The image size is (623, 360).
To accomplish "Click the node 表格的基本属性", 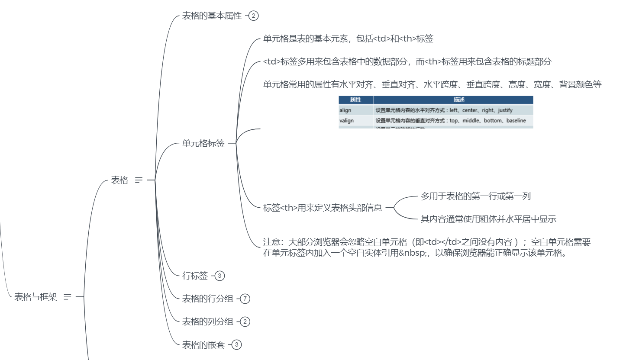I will tap(212, 16).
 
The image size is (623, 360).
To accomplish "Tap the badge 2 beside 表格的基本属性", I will tap(254, 16).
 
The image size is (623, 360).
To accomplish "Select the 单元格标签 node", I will tap(203, 143).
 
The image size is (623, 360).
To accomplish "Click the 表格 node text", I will tap(119, 180).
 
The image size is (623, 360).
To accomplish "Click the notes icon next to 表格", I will tap(139, 180).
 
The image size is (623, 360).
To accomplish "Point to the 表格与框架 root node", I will tap(36, 297).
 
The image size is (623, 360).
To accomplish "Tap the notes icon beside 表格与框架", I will tap(67, 297).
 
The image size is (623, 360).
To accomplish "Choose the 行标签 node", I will tap(195, 276).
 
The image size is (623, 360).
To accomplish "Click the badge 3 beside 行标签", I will tap(220, 276).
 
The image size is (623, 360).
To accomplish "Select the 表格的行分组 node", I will tap(208, 299).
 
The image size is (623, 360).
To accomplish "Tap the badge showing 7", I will tap(245, 299).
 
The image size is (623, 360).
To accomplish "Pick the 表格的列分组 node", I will tap(208, 321).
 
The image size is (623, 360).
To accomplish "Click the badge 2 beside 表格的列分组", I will tap(245, 321).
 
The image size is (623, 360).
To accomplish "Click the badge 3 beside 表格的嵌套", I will tap(237, 344).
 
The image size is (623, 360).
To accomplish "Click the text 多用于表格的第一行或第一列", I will tap(475, 196).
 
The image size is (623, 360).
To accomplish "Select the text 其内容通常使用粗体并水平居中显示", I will tap(488, 219).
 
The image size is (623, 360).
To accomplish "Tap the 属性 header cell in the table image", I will tap(355, 100).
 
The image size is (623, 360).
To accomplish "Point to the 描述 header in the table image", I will tap(453, 100).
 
